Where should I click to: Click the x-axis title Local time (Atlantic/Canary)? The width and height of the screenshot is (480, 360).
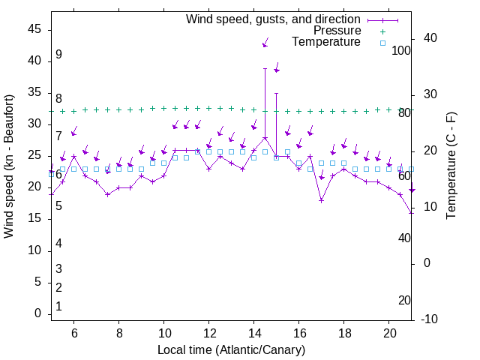(x=231, y=349)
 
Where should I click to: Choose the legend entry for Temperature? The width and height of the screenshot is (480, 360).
(x=326, y=42)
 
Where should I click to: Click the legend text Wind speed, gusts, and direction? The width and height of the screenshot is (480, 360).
(x=274, y=19)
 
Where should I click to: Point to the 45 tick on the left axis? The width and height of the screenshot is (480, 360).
(x=34, y=29)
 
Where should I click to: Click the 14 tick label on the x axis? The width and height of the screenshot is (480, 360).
(x=254, y=332)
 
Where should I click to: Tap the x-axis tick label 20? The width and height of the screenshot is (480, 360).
(x=389, y=332)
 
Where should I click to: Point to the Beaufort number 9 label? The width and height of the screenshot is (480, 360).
(x=58, y=55)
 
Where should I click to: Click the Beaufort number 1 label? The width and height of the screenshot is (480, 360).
(x=58, y=307)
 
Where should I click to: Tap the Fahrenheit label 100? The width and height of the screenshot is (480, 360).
(x=401, y=51)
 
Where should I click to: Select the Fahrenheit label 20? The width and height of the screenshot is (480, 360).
(x=404, y=301)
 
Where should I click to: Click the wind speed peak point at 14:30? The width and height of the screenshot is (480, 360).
(x=265, y=138)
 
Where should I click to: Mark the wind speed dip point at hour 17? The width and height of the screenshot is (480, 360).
(x=321, y=200)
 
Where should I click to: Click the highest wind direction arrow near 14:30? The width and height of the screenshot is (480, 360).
(x=265, y=44)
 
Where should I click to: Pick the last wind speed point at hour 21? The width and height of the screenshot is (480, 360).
(x=411, y=213)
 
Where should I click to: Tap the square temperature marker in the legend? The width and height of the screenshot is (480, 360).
(x=382, y=43)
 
